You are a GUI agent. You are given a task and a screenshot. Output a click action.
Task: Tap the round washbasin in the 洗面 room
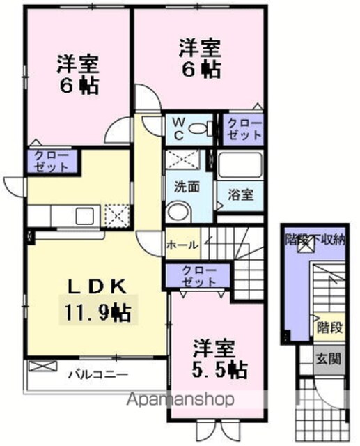point(176,212)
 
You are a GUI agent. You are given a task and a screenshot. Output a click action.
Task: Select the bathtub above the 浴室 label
point(240,165)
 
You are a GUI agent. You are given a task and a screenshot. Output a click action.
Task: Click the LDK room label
point(97,286)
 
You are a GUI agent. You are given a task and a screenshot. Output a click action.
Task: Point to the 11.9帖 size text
point(98,312)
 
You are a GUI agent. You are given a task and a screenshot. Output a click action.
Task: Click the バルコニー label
point(98,374)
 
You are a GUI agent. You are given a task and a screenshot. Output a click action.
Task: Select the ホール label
point(182,245)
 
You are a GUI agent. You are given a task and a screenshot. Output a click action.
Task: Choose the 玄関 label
point(329,360)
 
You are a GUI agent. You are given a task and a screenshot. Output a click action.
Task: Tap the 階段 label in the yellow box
point(329,328)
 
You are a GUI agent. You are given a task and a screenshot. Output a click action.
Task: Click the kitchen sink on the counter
point(85,216)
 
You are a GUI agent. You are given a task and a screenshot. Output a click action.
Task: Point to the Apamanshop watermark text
point(180,399)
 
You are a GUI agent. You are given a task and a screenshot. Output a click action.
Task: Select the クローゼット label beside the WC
point(244,130)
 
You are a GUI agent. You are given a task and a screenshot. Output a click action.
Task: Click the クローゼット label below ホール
point(199,276)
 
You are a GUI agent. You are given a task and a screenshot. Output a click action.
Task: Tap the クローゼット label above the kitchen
point(52,162)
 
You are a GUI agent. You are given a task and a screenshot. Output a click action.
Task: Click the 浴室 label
point(241,195)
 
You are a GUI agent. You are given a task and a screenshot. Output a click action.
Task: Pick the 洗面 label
point(187,187)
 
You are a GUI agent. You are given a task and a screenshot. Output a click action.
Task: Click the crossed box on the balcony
point(43,366)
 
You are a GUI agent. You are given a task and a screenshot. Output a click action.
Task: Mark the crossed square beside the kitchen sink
point(118,216)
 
